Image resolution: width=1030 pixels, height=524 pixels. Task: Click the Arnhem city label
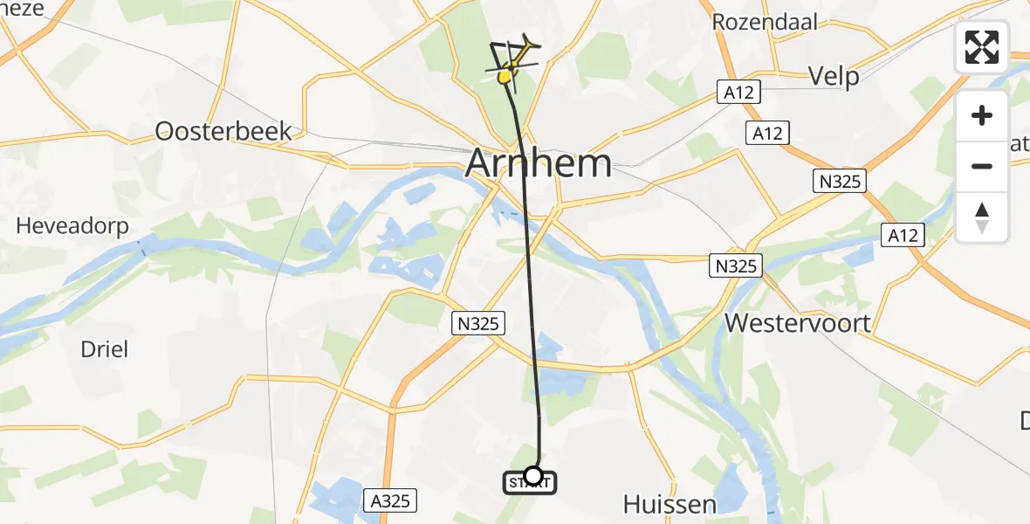point(539,163)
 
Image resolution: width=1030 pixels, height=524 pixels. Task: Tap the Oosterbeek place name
point(223,131)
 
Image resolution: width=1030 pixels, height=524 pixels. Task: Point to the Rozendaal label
point(766,22)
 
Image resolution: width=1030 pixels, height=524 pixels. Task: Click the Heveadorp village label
point(72,226)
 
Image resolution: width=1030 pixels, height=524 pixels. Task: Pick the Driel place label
point(104,349)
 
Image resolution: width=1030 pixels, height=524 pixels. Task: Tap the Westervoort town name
point(798,323)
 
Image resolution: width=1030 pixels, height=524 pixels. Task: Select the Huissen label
point(669,504)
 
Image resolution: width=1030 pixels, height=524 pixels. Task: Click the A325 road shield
point(389,500)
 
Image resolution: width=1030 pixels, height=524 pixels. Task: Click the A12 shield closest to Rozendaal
point(740,92)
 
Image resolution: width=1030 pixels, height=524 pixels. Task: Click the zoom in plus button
point(982,115)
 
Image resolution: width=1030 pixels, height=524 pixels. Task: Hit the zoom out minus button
point(982,166)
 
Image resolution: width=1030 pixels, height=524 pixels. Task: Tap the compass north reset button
point(982,217)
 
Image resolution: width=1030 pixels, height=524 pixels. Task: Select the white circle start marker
point(532,475)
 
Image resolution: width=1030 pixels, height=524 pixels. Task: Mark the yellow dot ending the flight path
point(505,78)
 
